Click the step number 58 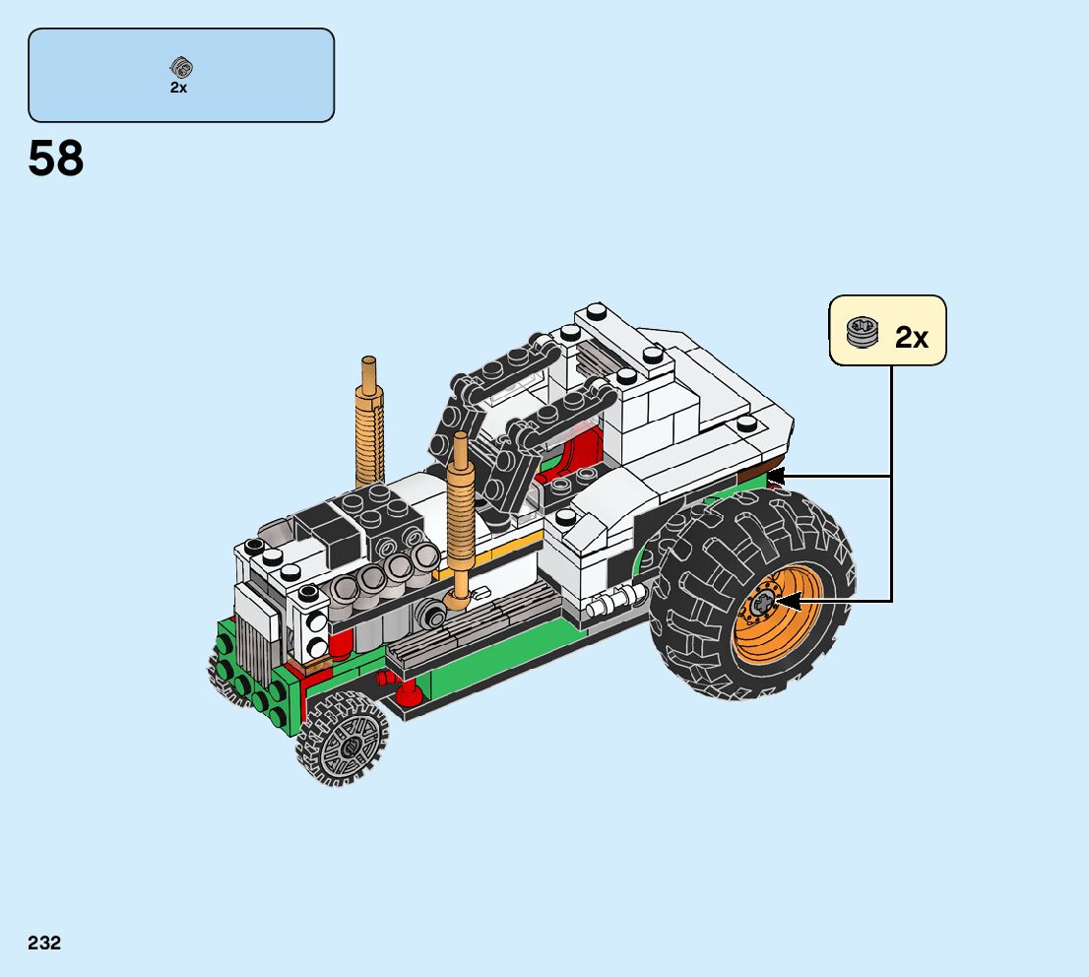(x=55, y=159)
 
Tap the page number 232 (x=44, y=943)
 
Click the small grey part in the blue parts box (x=181, y=67)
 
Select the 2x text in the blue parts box (x=178, y=88)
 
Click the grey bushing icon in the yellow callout (x=863, y=333)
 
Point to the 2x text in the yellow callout (x=911, y=338)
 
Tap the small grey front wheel (x=343, y=740)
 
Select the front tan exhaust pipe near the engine (x=459, y=518)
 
